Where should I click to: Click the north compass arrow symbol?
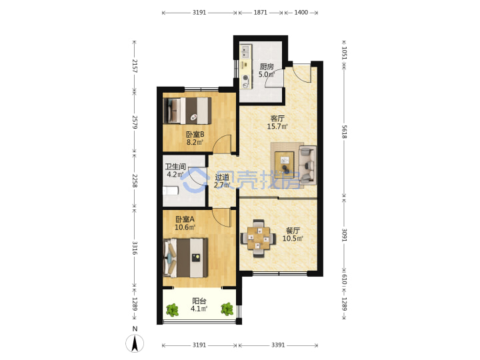(x=135, y=343)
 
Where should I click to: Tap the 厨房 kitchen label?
(x=267, y=67)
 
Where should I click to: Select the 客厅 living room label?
(x=277, y=118)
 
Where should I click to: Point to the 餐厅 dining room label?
(x=293, y=231)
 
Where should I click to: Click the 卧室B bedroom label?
(x=195, y=134)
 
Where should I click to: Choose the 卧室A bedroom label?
(x=185, y=219)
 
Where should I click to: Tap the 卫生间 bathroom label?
(x=175, y=167)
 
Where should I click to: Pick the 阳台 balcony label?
(x=199, y=301)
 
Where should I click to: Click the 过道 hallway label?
(x=221, y=177)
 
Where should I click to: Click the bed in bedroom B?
(x=187, y=111)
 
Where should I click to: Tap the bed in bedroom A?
(x=186, y=258)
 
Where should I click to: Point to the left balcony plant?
(x=172, y=310)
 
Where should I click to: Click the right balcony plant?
(x=227, y=309)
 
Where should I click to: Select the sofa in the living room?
(x=307, y=165)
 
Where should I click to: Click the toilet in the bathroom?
(x=171, y=191)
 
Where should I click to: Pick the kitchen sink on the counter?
(x=245, y=52)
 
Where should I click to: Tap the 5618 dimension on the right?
(x=344, y=131)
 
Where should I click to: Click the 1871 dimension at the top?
(x=260, y=13)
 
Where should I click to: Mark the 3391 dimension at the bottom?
(x=278, y=345)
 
